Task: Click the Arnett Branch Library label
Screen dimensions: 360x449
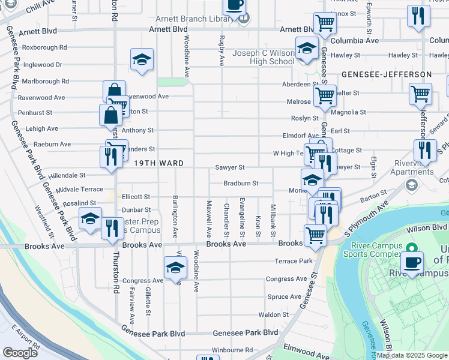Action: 194,19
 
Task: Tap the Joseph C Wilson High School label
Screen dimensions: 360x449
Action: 264,57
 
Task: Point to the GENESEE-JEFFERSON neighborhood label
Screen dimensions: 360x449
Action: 387,74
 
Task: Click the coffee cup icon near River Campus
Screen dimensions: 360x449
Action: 412,261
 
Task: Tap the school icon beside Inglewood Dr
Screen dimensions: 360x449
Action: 142,59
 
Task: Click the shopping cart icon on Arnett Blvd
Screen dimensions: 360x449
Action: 325,23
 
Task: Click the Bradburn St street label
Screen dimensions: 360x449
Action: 241,183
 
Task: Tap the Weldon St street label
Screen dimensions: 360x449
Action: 274,314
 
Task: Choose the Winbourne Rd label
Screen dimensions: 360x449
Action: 232,350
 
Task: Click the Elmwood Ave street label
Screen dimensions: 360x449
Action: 307,347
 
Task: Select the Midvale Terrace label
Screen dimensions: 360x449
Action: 80,189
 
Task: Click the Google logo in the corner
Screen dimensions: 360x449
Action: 20,353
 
